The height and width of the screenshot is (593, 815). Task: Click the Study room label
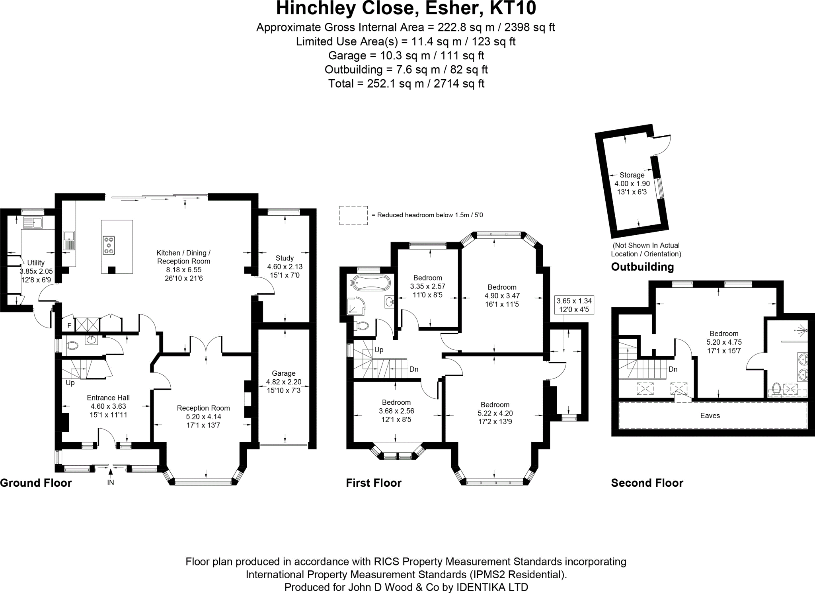point(284,258)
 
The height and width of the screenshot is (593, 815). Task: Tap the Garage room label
point(283,373)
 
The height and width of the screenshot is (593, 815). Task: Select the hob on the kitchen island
point(109,245)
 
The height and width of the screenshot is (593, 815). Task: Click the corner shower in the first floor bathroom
point(355,306)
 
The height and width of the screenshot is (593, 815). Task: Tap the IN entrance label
point(111,483)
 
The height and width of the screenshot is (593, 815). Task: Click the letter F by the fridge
point(69,326)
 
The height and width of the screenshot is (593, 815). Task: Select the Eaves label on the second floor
point(710,416)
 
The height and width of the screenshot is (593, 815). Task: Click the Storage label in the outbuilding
point(632,175)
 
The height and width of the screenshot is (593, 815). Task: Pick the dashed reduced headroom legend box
point(353,215)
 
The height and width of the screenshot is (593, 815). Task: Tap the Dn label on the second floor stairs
point(673,369)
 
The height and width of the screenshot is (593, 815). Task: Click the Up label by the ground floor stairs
point(70,383)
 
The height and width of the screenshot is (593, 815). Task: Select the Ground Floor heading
point(36,483)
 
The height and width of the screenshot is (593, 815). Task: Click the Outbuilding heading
point(642,267)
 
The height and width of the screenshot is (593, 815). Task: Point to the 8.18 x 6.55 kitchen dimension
point(183,270)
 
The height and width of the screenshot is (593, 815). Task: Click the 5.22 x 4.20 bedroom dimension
point(495,413)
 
